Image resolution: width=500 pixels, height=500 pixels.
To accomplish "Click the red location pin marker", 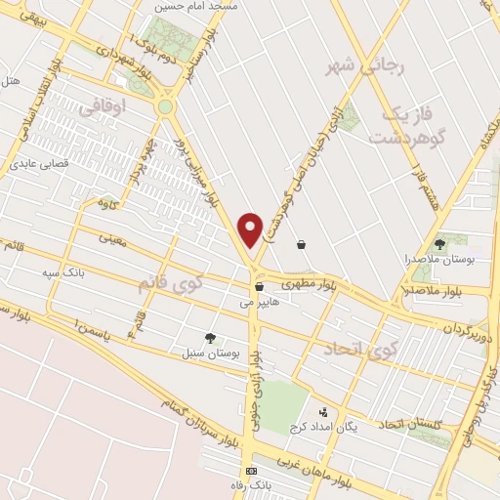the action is point(251,229).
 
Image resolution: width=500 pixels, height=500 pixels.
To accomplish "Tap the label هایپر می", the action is point(259,303).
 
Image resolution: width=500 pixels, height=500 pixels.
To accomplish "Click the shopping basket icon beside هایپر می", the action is point(259,287).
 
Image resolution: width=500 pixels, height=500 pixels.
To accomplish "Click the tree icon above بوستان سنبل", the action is point(210,337).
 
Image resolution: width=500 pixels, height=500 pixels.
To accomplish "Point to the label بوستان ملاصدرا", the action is point(437,260).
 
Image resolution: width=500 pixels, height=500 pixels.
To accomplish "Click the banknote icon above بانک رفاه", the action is point(252,471).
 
